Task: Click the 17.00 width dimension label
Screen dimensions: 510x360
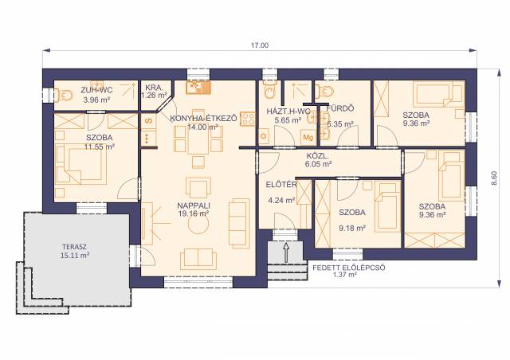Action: click(260, 45)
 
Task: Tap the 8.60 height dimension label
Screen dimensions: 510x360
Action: click(494, 178)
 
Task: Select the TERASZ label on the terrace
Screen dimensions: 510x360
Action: click(74, 247)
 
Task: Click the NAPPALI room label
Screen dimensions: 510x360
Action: click(194, 205)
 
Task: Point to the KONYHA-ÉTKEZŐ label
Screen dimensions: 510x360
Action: click(204, 119)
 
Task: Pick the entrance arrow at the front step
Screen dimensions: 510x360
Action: click(286, 252)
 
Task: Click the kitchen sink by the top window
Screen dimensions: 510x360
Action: click(198, 87)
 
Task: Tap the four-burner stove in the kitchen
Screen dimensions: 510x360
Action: click(248, 119)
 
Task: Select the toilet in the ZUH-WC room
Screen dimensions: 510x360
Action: click(65, 95)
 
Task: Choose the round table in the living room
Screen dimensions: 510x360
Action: click(198, 225)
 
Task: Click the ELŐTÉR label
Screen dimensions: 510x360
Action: click(281, 185)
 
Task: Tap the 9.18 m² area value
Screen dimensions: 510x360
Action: click(352, 229)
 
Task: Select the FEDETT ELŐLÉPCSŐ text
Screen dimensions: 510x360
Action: click(349, 268)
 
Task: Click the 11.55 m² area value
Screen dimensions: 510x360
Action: click(99, 147)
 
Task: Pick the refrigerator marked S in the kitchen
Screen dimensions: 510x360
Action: click(149, 121)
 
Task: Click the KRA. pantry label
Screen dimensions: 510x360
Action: click(154, 88)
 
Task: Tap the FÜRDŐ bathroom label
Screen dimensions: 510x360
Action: click(340, 108)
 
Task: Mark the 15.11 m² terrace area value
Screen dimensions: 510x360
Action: click(75, 256)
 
